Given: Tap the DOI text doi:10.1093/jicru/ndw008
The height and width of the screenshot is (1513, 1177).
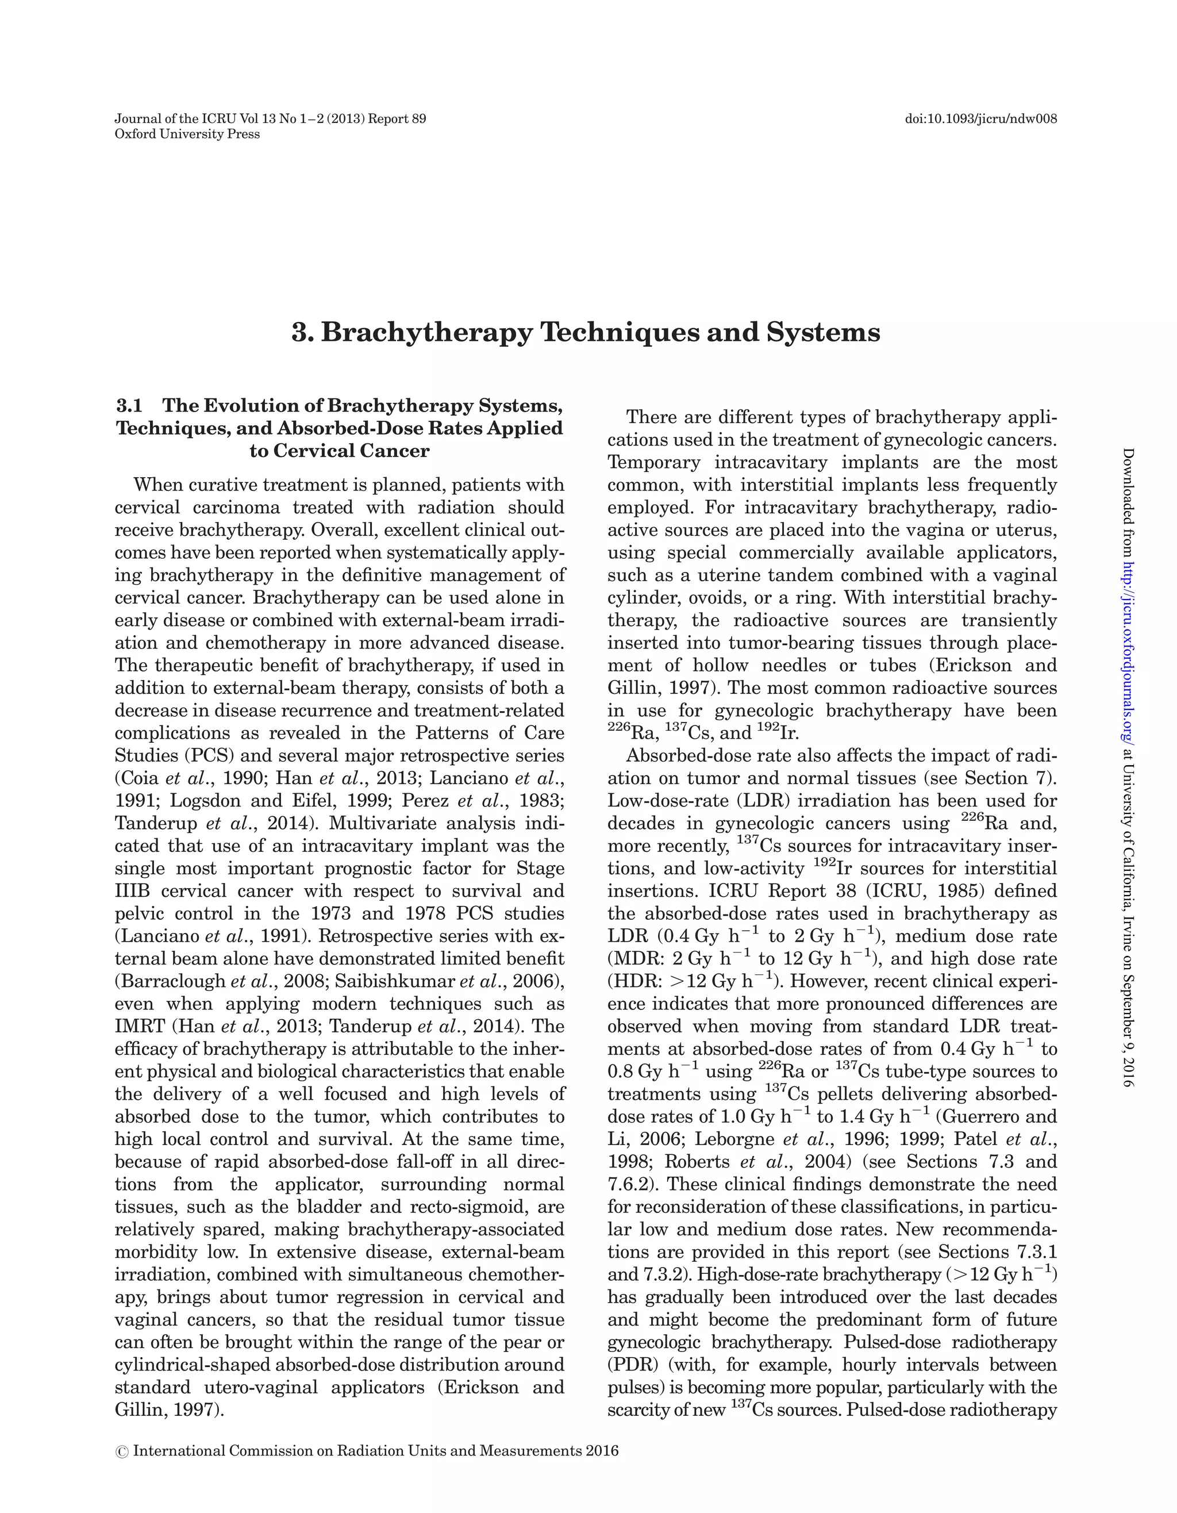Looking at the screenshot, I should coord(980,119).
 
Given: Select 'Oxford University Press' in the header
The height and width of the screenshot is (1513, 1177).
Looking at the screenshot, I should coord(187,135).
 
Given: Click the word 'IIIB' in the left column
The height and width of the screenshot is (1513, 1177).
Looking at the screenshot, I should coord(132,891).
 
